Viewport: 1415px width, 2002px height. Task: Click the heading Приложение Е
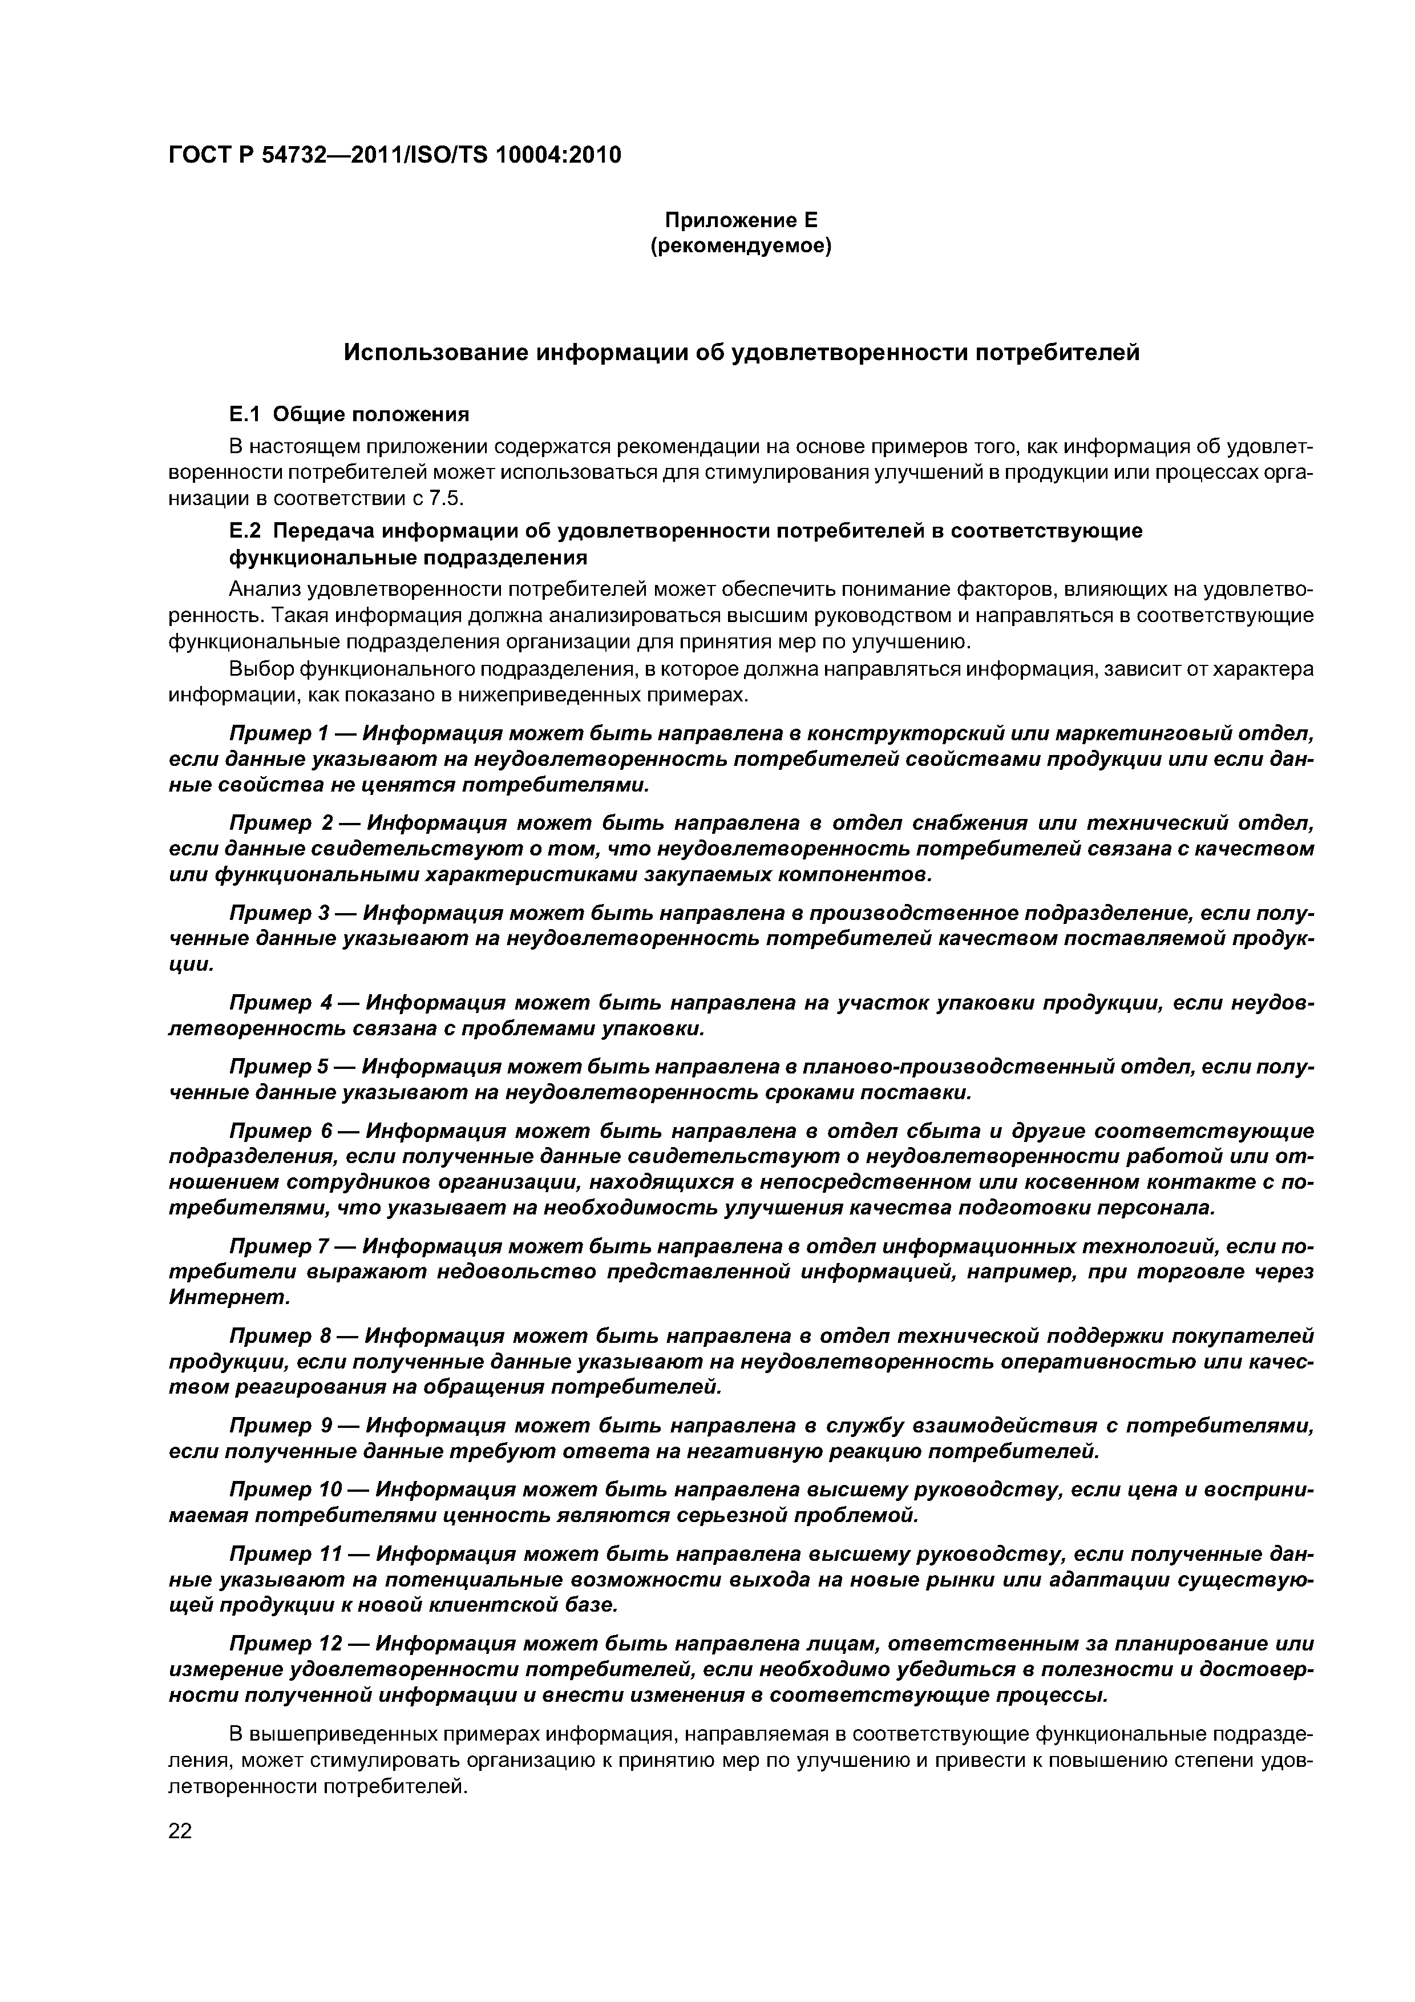coord(741,220)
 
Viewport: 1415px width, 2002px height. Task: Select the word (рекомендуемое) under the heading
coord(741,247)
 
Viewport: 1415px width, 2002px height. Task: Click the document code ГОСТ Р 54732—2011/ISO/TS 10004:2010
coord(394,155)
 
